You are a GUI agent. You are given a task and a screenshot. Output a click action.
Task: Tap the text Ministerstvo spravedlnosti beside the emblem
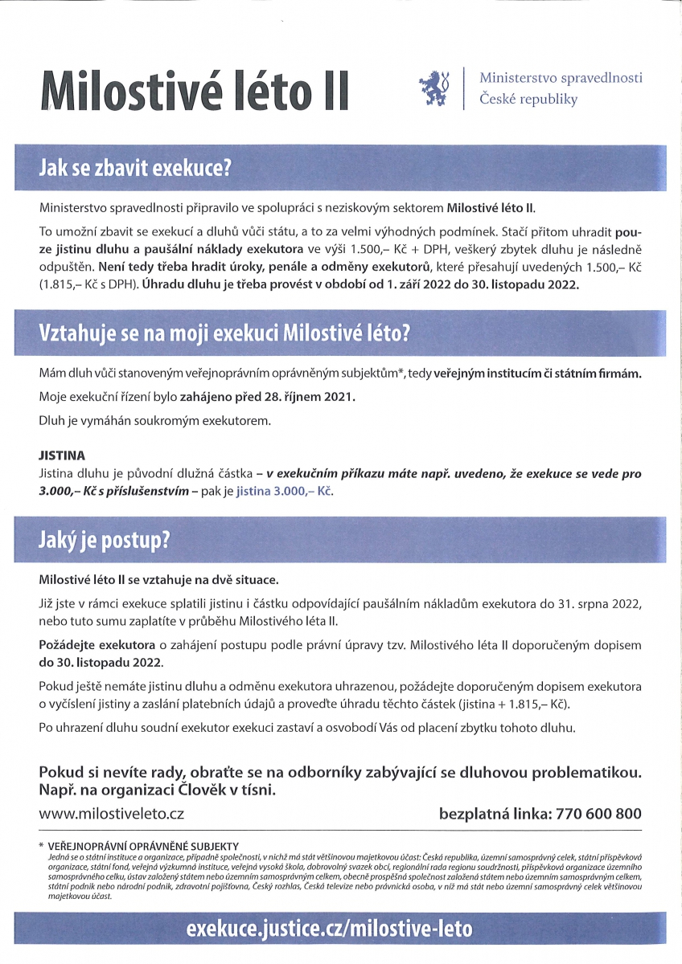[x=561, y=78]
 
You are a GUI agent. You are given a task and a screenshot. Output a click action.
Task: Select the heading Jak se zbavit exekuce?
[x=135, y=168]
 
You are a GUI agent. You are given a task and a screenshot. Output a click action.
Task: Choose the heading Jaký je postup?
[x=105, y=539]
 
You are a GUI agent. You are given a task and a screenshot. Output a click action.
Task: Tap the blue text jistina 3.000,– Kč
[x=284, y=490]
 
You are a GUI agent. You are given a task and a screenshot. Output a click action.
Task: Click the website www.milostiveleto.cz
[x=112, y=814]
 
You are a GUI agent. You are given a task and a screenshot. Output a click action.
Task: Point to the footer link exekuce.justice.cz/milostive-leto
[x=329, y=929]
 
